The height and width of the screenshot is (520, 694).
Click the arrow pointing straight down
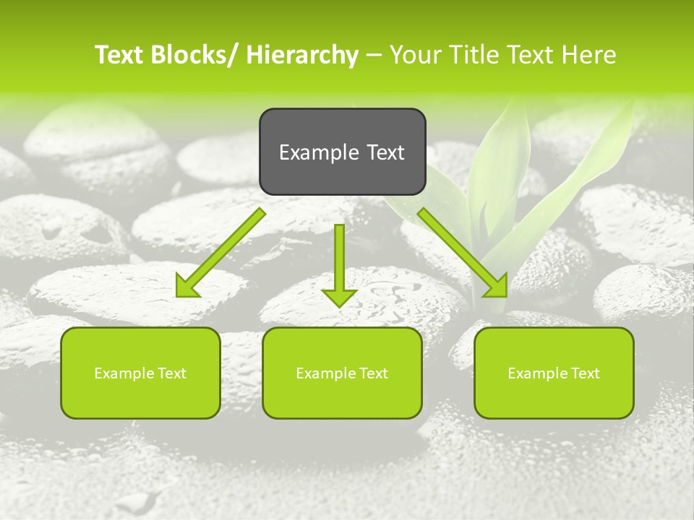pyautogui.click(x=339, y=260)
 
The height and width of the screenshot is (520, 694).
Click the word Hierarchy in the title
pyautogui.click(x=301, y=55)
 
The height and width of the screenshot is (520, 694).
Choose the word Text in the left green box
pyautogui.click(x=172, y=373)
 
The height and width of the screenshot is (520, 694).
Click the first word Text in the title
pyautogui.click(x=119, y=55)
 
